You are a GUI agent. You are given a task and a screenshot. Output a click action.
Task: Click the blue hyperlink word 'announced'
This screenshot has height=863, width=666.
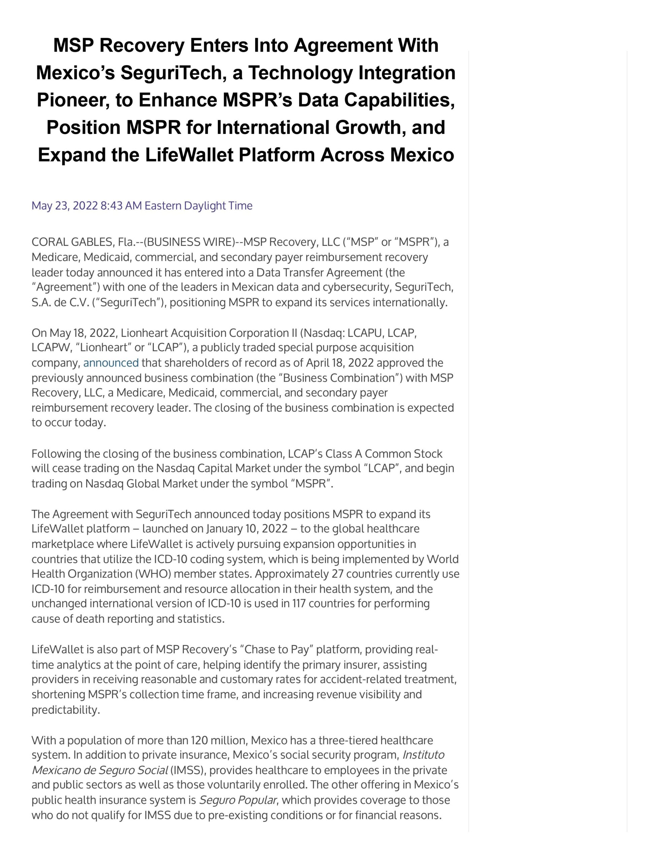110,363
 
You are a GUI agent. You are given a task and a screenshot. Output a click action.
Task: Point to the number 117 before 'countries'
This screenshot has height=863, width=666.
299,603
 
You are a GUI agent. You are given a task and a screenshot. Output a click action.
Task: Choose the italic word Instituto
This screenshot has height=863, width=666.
423,755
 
